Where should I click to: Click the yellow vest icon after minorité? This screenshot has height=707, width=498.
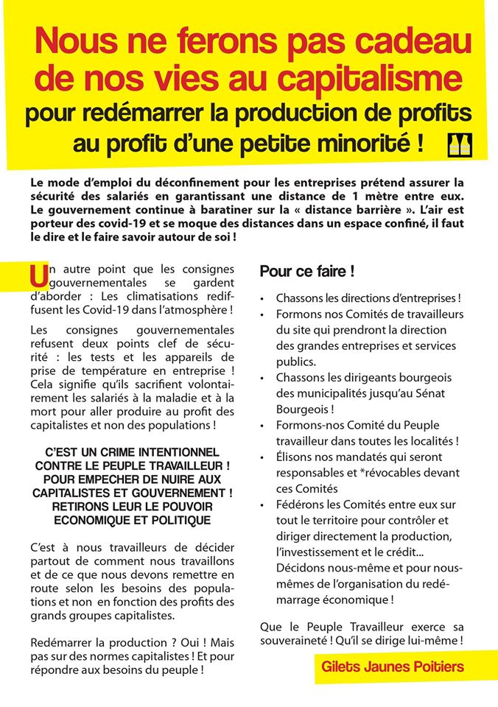[460, 146]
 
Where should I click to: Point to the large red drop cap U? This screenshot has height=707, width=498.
[36, 276]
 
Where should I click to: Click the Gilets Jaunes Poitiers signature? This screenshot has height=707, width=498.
[393, 667]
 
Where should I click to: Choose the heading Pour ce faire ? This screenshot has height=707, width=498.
[307, 272]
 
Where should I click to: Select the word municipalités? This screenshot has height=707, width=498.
[323, 393]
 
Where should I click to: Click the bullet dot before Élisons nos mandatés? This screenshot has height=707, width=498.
[263, 457]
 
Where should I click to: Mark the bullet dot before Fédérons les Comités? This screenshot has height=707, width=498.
[263, 504]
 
